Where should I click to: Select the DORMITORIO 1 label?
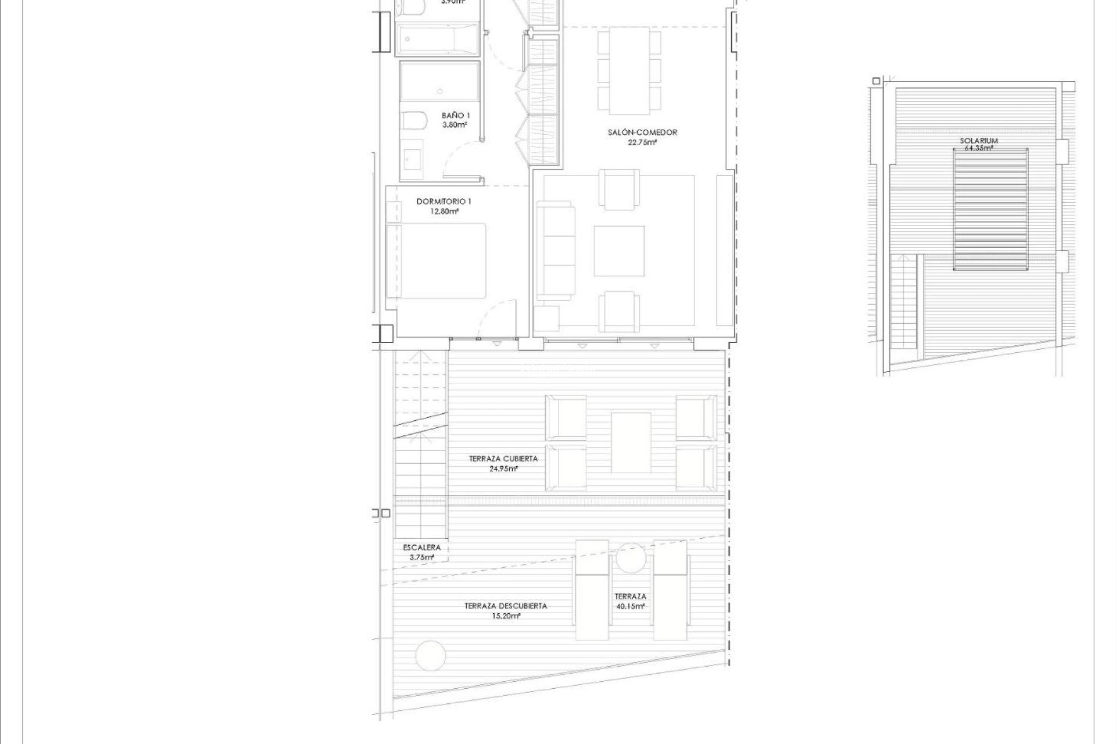tap(443, 202)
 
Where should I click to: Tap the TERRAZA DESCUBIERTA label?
tap(505, 606)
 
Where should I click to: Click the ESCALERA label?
tap(421, 548)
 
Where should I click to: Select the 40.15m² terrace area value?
tap(630, 606)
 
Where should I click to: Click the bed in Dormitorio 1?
tap(437, 261)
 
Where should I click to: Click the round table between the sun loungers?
tap(630, 558)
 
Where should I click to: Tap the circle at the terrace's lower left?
tap(431, 654)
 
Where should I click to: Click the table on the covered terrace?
tap(631, 442)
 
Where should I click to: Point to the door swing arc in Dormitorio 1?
tap(497, 317)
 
